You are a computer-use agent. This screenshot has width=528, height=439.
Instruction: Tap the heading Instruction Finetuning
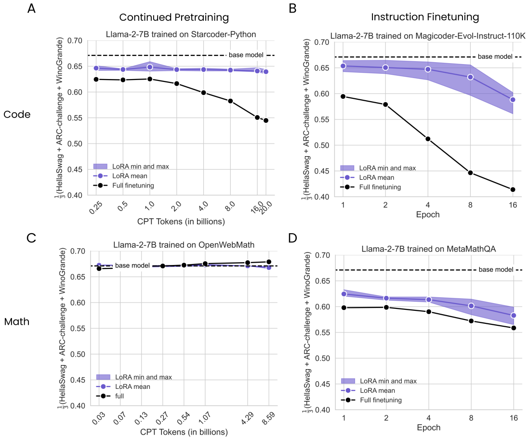tap(425, 17)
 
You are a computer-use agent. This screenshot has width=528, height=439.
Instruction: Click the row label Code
tap(17, 114)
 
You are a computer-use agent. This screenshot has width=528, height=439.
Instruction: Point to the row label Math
tap(17, 321)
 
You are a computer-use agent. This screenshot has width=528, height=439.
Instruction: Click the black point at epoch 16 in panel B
tap(513, 190)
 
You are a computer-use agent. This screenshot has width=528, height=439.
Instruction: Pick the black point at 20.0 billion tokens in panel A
tap(266, 120)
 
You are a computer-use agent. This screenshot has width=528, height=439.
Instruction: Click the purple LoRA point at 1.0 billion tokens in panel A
tap(150, 67)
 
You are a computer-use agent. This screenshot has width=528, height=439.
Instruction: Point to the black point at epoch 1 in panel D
tap(344, 307)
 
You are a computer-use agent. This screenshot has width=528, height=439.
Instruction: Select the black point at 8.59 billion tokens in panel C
tap(269, 262)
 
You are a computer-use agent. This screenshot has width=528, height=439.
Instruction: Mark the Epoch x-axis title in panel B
tap(428, 214)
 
